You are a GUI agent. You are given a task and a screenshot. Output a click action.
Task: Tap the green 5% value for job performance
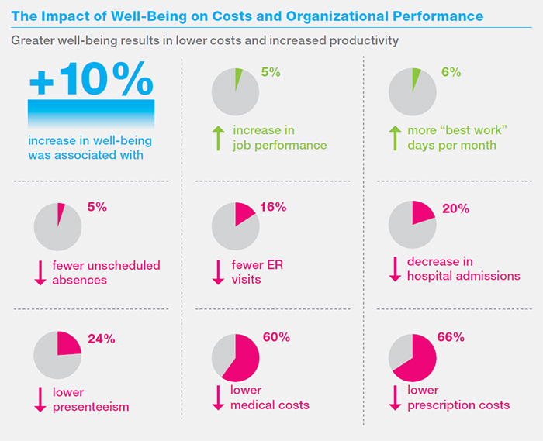(270, 72)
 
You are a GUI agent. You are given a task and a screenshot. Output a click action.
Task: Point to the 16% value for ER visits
(275, 207)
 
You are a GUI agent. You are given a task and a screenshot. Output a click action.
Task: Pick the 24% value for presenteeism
(101, 339)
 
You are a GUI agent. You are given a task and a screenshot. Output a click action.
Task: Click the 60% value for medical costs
(276, 337)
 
